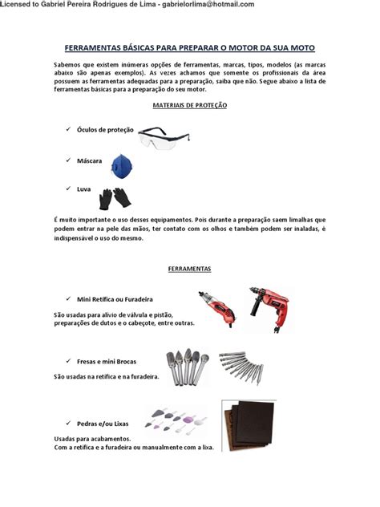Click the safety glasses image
coord(164,138)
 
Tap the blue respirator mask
coord(122,166)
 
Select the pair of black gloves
coord(115,198)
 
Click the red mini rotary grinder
coord(217,309)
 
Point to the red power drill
coord(271,309)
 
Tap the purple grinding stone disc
coord(188,420)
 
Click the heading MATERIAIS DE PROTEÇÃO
coord(190,105)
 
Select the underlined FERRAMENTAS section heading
coord(190,269)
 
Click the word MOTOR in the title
coord(242,48)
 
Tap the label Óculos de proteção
coord(105,130)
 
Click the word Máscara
coord(89,160)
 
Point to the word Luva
coord(83,189)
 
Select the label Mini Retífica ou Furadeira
coord(115,299)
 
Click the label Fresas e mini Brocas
coord(107,362)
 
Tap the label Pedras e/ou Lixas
coord(103,424)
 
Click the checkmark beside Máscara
coord(68,160)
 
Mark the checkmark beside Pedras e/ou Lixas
coord(68,423)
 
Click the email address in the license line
coord(208,4)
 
